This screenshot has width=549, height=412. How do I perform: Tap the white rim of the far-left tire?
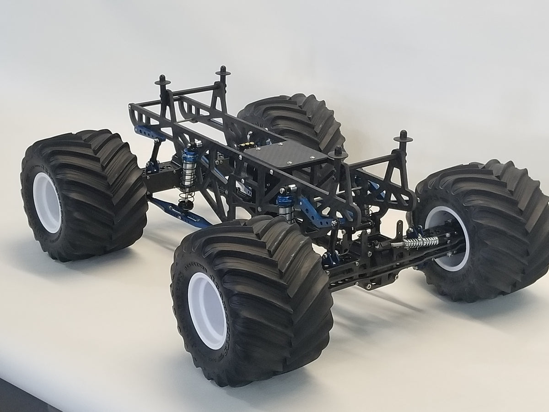coord(47,202)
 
